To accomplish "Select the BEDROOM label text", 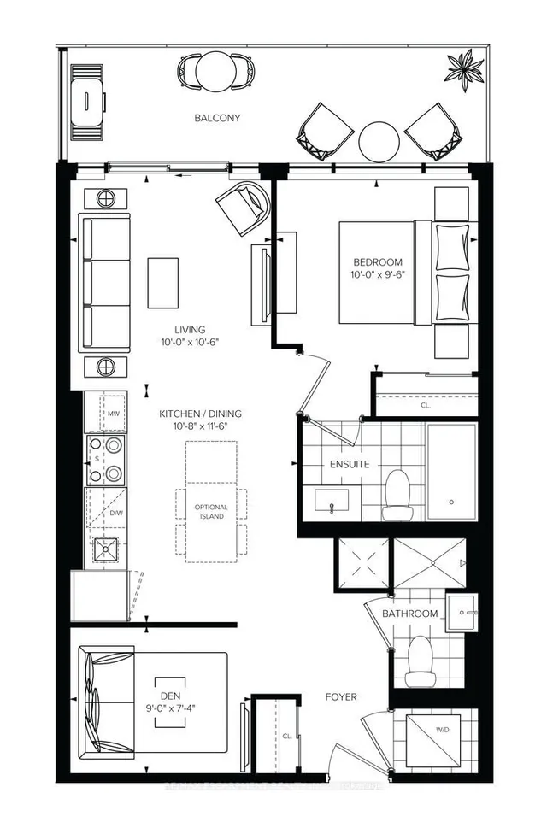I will [377, 262].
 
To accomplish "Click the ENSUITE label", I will [349, 465].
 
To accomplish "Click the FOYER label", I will [341, 697].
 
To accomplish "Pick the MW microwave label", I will [113, 414].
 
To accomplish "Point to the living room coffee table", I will [164, 283].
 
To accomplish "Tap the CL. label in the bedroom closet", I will [426, 406].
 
